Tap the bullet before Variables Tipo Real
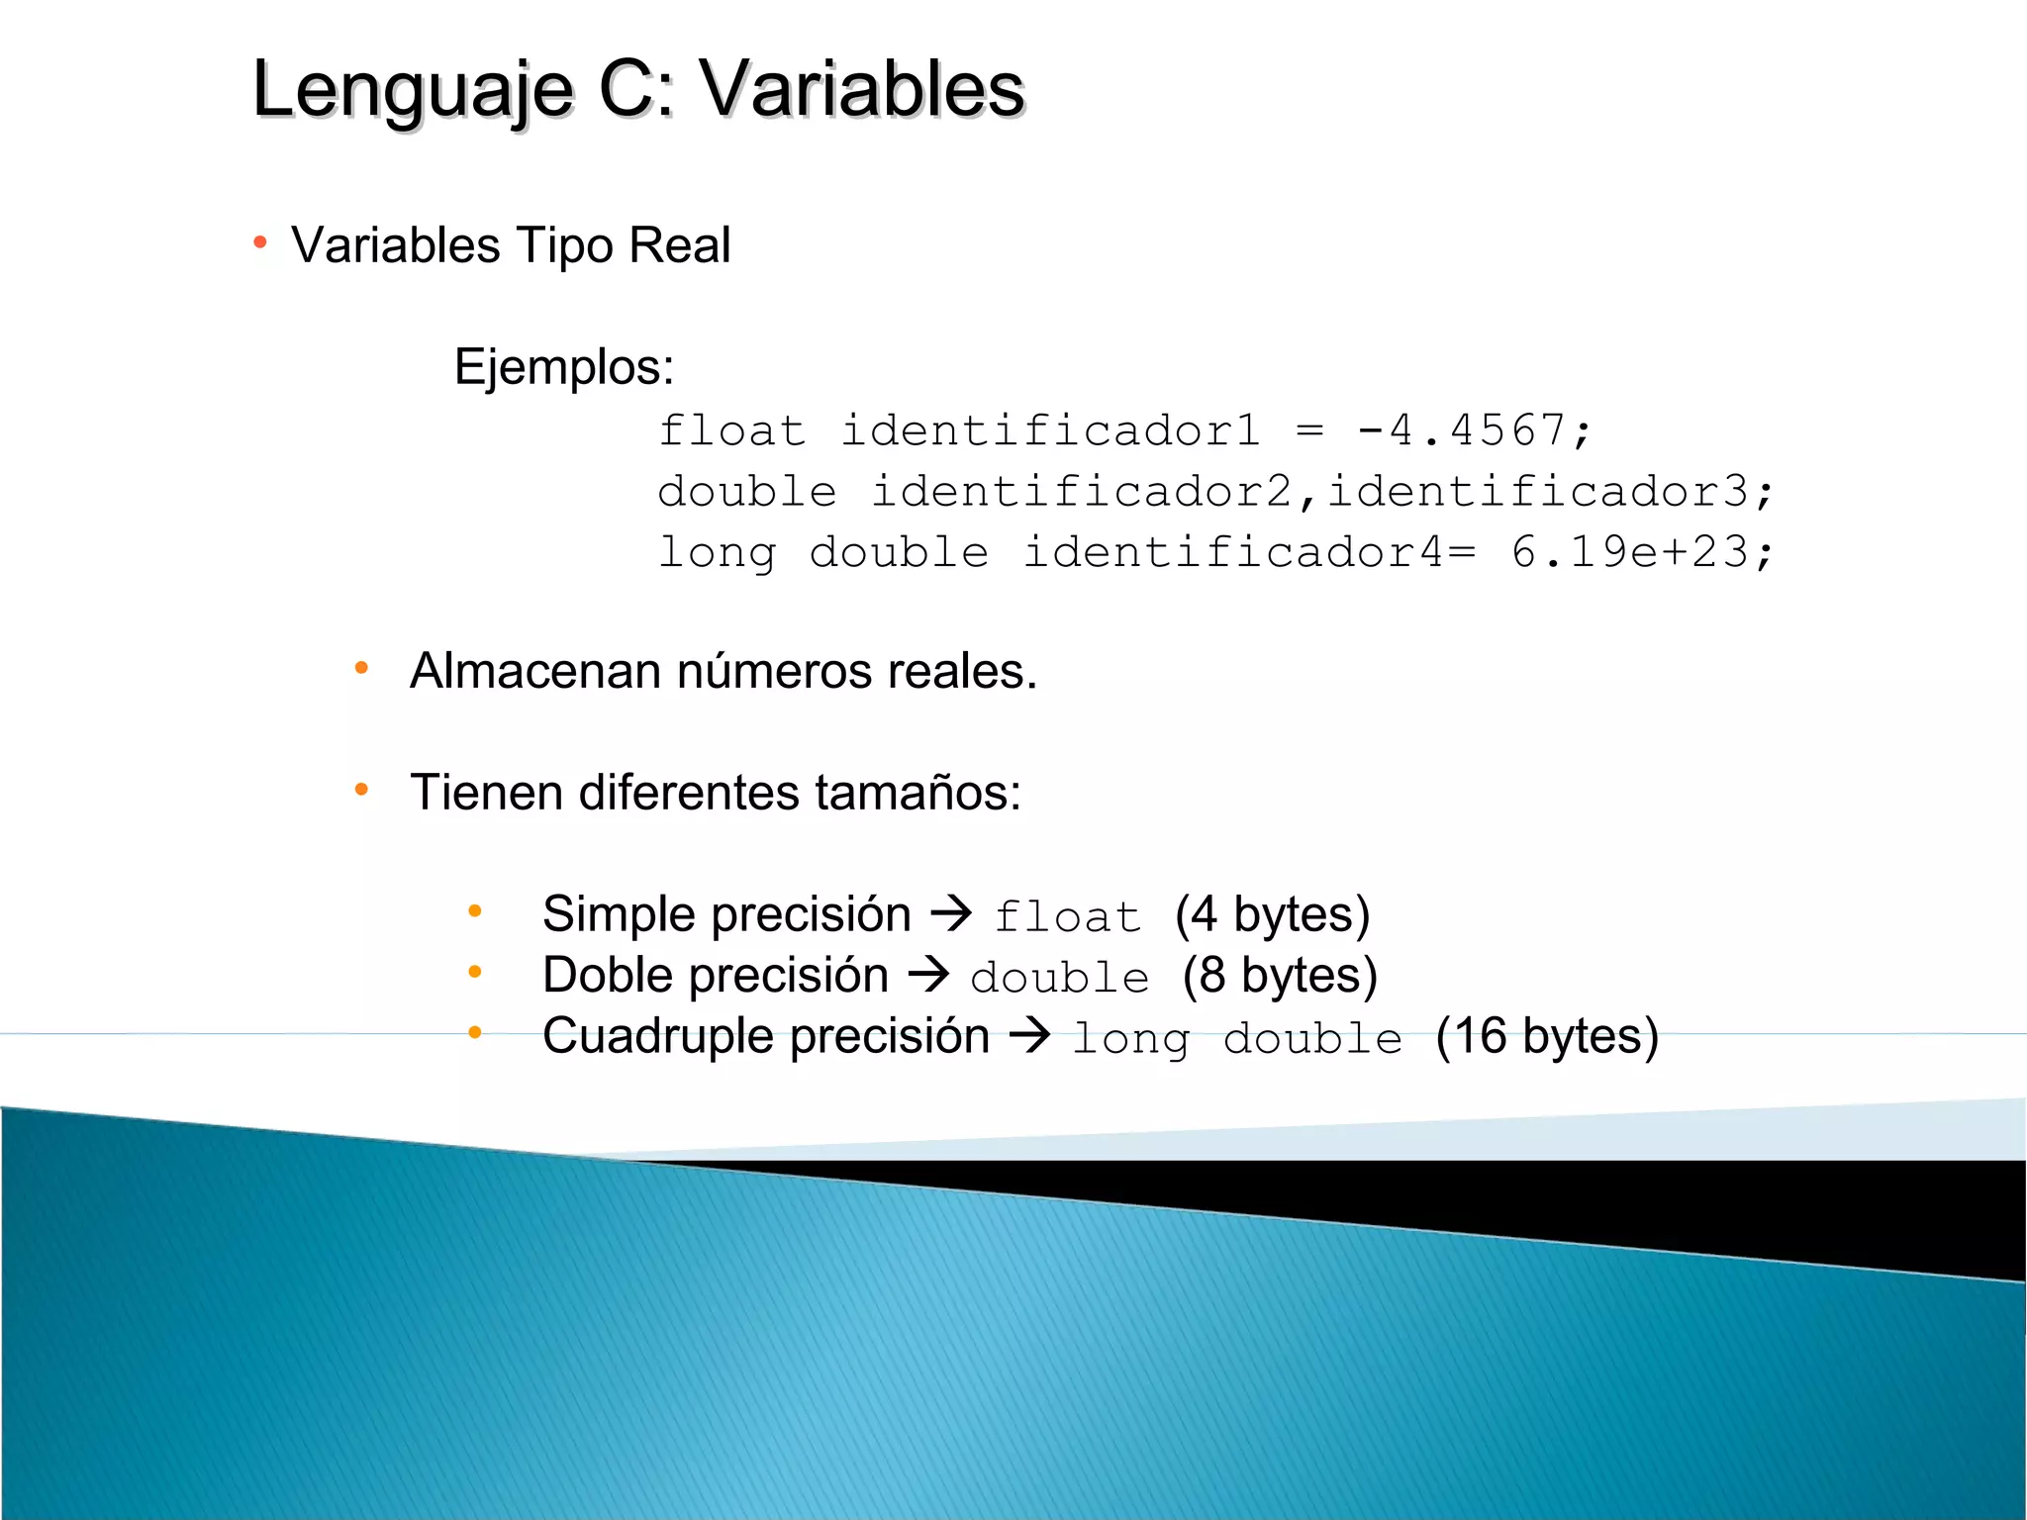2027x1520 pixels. [x=260, y=242]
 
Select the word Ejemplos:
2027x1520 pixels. [x=564, y=367]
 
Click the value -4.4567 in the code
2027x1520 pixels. [x=1461, y=431]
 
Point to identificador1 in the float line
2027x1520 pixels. [x=1050, y=431]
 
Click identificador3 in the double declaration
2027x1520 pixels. [x=1538, y=492]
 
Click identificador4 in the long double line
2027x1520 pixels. [x=1233, y=552]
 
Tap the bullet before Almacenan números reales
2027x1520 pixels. [x=362, y=669]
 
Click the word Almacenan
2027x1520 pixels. [x=535, y=671]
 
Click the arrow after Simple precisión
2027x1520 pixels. [x=952, y=912]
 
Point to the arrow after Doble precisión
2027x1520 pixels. [x=929, y=974]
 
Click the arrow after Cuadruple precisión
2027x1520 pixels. [x=1030, y=1035]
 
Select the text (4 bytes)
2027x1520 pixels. [x=1272, y=914]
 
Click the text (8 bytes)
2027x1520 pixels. [x=1280, y=976]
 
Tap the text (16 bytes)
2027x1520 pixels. [x=1547, y=1037]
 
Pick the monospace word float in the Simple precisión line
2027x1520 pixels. [x=1067, y=916]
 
